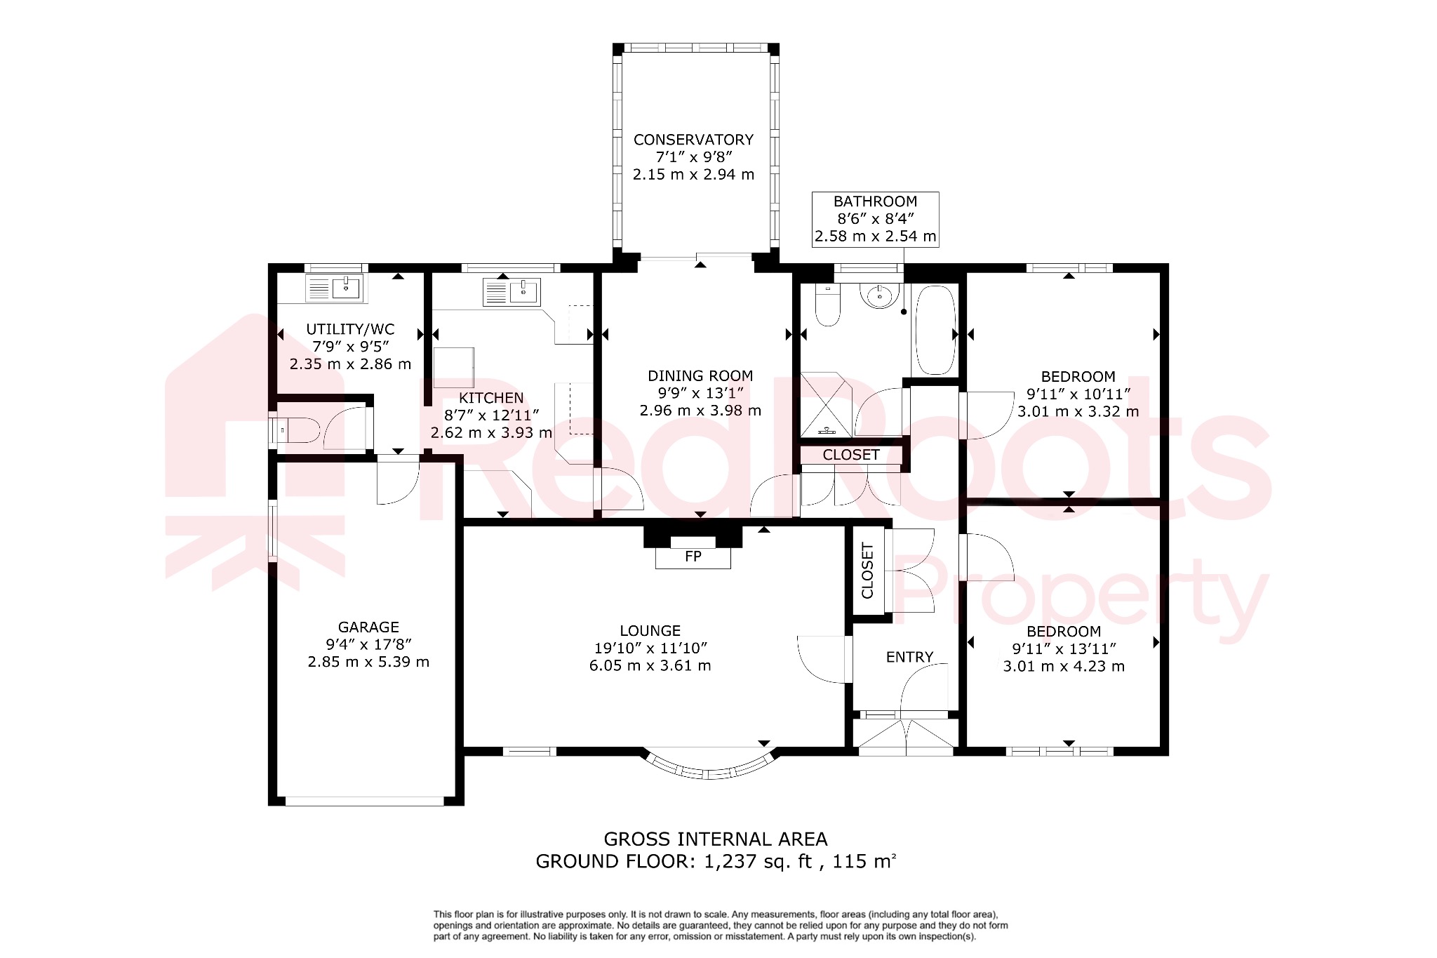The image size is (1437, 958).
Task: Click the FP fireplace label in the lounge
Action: pos(693,557)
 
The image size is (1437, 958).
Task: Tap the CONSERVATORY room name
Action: pos(693,140)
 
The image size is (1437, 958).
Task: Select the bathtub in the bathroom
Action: pos(935,329)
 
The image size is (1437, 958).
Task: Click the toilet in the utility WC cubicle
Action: pos(298,430)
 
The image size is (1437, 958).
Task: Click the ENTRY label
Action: pos(909,657)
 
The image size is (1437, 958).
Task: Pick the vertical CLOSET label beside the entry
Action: pos(868,571)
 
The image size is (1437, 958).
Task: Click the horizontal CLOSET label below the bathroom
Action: pos(850,455)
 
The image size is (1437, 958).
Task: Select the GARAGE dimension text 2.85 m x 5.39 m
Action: pos(368,662)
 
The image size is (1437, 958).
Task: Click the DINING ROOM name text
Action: pos(700,376)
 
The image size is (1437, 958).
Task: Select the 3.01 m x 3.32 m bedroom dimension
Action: pos(1078,412)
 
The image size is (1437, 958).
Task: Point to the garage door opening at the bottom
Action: pos(365,801)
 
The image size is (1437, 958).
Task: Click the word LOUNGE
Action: pos(650,631)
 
